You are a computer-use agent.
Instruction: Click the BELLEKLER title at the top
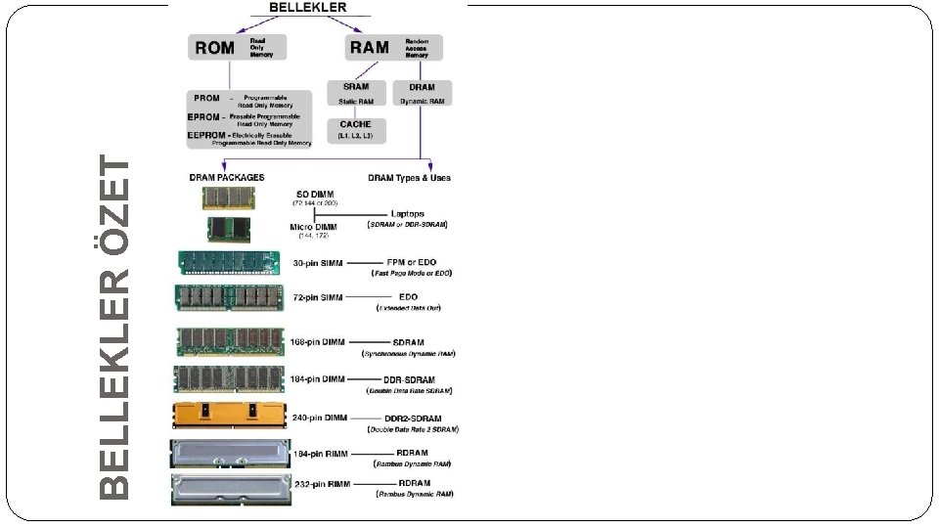[x=308, y=7]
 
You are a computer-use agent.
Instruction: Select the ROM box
[x=238, y=47]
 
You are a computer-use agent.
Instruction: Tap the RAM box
[x=393, y=47]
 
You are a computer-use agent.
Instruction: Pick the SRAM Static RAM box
[x=355, y=93]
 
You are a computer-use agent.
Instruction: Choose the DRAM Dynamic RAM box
[x=423, y=93]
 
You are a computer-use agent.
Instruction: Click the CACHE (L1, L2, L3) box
[x=355, y=130]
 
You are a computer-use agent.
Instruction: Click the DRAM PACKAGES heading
[x=226, y=178]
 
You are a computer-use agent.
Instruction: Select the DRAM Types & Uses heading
[x=409, y=178]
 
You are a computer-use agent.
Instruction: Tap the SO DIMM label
[x=312, y=194]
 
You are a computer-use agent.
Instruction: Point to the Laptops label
[x=408, y=213]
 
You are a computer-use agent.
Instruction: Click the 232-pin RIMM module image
[x=230, y=488]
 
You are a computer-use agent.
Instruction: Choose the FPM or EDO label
[x=412, y=263]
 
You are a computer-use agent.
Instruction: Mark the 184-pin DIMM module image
[x=230, y=379]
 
